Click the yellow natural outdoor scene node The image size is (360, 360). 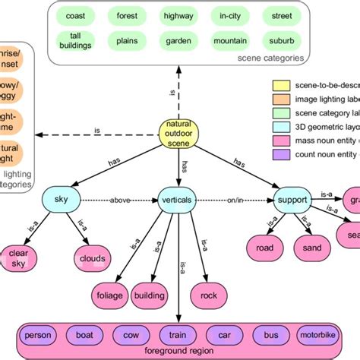[x=181, y=134]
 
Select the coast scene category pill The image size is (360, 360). [x=76, y=15]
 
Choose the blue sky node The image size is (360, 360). [x=62, y=201]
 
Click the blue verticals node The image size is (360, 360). [x=177, y=201]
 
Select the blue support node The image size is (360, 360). [x=292, y=201]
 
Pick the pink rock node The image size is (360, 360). [x=208, y=294]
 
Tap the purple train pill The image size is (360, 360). [x=177, y=334]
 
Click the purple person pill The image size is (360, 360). [x=38, y=334]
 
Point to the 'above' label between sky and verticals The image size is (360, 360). [x=119, y=201]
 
